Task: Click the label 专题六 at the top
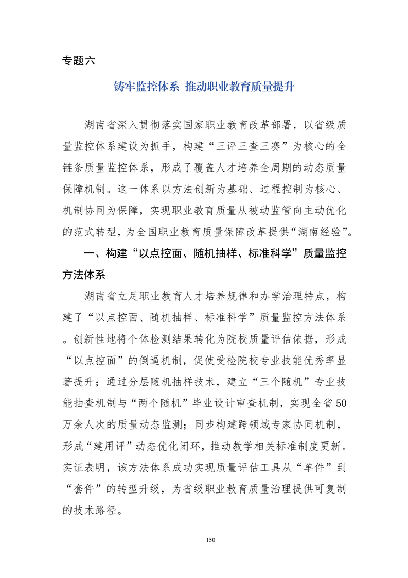click(78, 60)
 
